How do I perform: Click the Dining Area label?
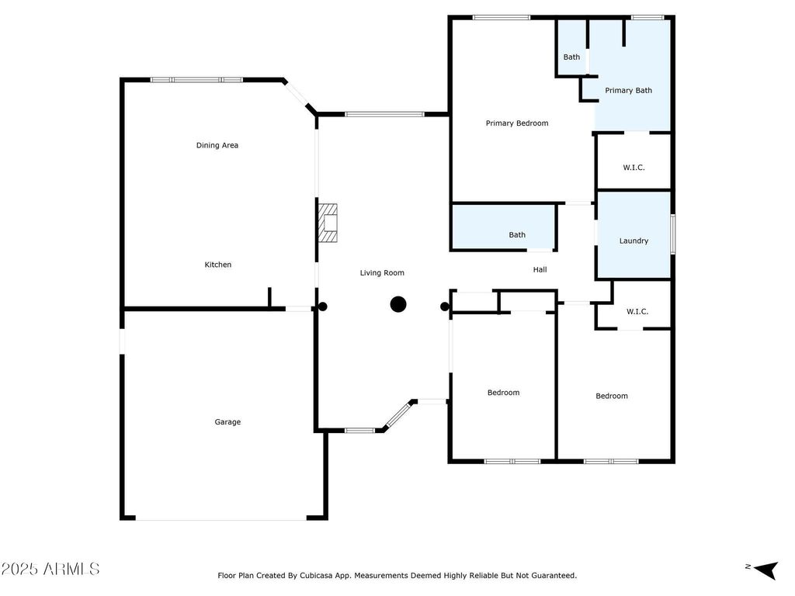(x=217, y=145)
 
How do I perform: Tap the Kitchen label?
(x=218, y=265)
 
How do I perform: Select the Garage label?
(x=227, y=422)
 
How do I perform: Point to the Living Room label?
(x=382, y=273)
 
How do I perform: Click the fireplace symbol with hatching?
(x=327, y=223)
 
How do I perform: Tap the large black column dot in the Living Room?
(x=398, y=304)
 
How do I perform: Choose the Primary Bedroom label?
(x=517, y=123)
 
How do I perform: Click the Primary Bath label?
(x=629, y=91)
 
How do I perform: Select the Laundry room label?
(x=634, y=241)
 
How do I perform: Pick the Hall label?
(x=540, y=269)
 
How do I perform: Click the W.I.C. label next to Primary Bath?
(x=634, y=168)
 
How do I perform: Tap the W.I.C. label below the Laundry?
(x=637, y=312)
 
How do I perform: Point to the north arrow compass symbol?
(x=765, y=570)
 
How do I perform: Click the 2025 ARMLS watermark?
(x=50, y=569)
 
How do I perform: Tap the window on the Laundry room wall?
(x=673, y=234)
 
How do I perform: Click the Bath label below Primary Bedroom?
(x=517, y=235)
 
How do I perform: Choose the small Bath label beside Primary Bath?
(x=571, y=57)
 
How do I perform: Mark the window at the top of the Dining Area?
(x=196, y=80)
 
